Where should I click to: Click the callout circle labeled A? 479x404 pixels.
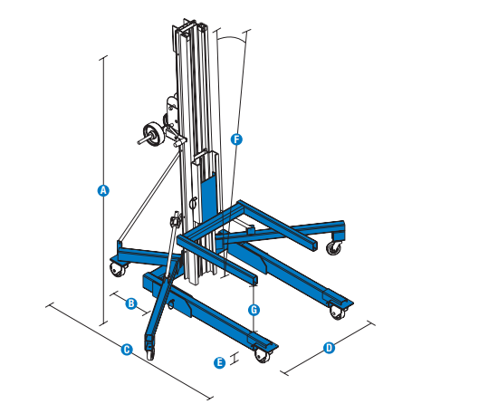pos(103,190)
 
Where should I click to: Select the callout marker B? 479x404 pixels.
pos(130,303)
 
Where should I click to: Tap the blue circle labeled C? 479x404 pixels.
pos(127,348)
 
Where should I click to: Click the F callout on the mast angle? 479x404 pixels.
pos(236,139)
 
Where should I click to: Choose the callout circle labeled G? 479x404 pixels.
pos(254,309)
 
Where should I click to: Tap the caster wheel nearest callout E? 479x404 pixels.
pos(263,354)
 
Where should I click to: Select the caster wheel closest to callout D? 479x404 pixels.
pos(340,312)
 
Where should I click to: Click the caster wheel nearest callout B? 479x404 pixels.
pos(117,267)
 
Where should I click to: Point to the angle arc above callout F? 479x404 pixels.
pos(233,38)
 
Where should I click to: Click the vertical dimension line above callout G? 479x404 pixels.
pos(254,290)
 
